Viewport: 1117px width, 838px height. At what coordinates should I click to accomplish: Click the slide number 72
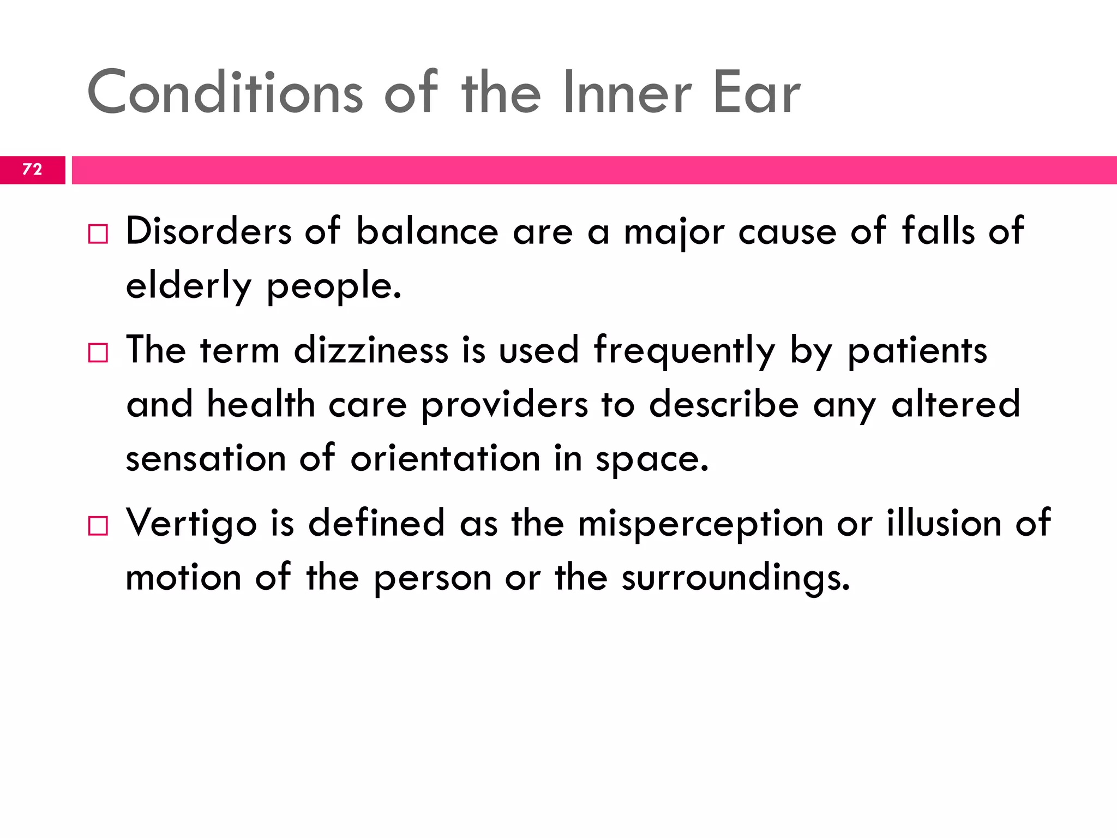coord(32,169)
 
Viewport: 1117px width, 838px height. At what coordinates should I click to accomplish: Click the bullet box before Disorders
coord(98,234)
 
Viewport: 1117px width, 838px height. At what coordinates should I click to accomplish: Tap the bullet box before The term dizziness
coord(98,353)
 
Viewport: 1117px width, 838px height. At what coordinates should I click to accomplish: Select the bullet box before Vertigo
coord(98,526)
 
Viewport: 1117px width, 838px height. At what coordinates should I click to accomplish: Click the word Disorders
coord(209,231)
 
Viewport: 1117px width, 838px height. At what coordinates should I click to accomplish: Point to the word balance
coord(427,231)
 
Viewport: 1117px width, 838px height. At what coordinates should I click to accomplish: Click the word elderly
coord(189,286)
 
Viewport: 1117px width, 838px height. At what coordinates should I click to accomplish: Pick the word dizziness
coord(371,350)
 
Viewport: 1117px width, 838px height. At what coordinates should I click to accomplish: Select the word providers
coord(505,405)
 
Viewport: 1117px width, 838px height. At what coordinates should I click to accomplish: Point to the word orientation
coord(445,459)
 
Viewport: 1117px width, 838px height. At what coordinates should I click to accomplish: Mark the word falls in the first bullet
coord(938,231)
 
